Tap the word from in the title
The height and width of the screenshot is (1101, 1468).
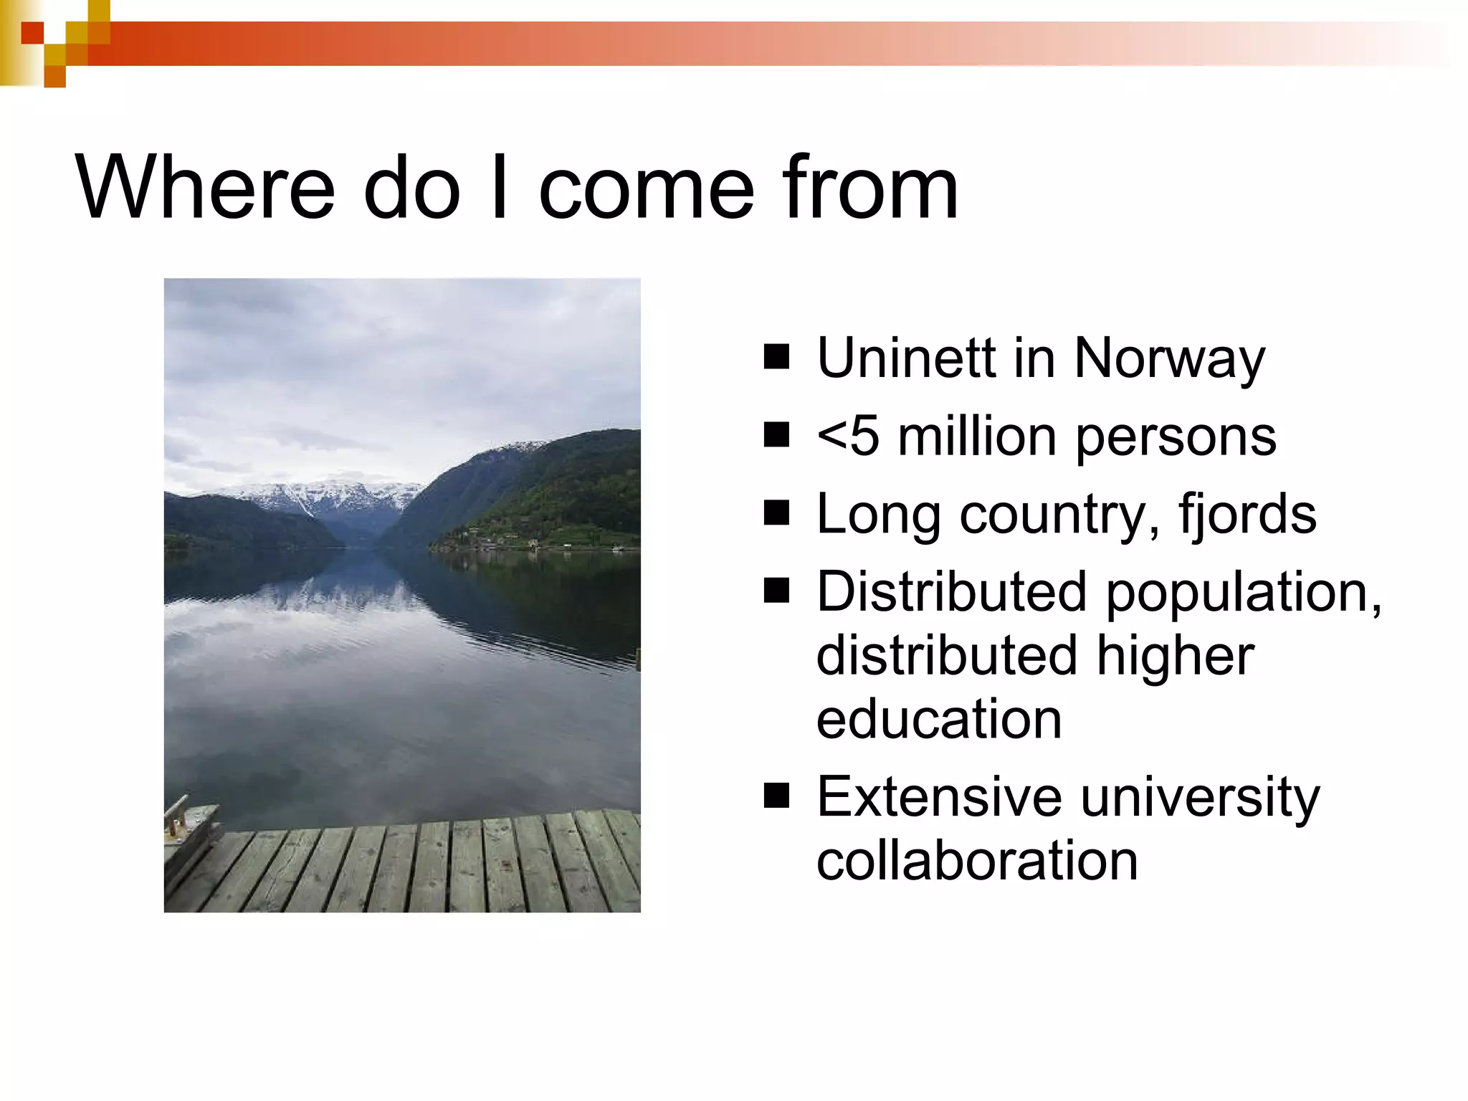click(869, 188)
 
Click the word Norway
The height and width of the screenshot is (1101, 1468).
click(1170, 359)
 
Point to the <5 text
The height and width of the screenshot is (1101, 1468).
click(847, 437)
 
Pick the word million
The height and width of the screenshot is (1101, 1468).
click(977, 437)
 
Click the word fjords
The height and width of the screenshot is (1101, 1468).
click(1247, 515)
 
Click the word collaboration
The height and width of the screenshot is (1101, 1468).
click(977, 860)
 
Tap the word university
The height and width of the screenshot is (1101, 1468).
click(1200, 799)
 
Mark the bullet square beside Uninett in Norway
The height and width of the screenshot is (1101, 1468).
click(776, 357)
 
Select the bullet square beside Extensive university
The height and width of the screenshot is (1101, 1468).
click(776, 796)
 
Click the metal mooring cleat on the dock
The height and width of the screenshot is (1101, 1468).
click(176, 817)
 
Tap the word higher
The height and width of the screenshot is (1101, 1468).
click(1175, 657)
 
